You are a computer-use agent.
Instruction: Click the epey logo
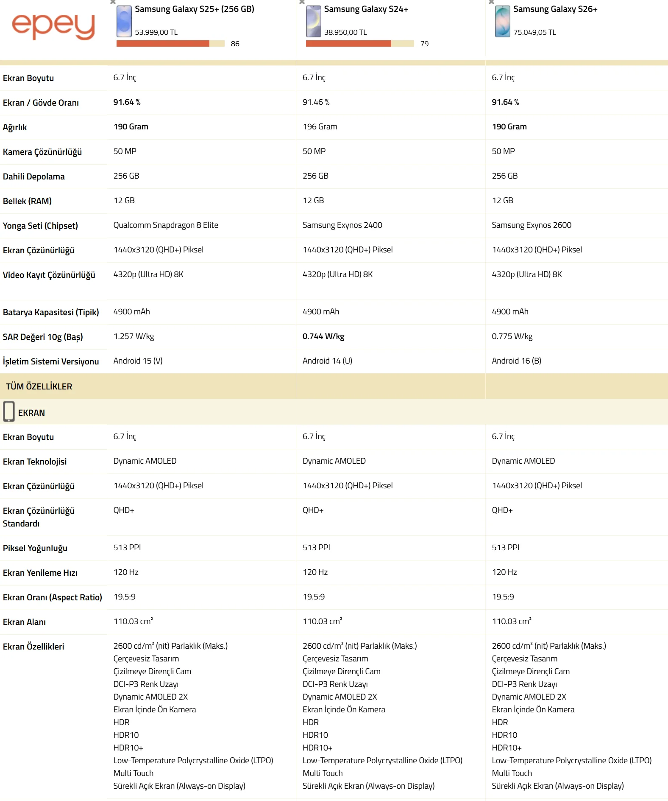pos(53,26)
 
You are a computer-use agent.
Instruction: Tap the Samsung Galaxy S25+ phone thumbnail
pos(124,22)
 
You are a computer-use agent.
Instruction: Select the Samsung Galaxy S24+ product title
pos(366,9)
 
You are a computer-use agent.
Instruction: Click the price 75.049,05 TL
pos(534,33)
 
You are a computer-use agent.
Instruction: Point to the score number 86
pos(235,44)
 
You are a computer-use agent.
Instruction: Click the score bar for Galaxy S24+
pos(359,44)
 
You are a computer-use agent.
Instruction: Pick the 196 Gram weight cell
pos(320,127)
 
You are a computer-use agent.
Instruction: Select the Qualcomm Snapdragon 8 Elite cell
pos(166,225)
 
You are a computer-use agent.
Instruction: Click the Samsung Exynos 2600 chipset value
pos(531,225)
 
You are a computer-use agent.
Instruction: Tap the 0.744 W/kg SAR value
pos(323,336)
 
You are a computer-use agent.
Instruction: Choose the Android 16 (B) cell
pos(516,361)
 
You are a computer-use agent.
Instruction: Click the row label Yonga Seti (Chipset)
pos(40,226)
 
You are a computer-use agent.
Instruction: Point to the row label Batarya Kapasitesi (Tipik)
pos(51,313)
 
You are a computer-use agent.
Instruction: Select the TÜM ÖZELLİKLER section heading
pos(39,386)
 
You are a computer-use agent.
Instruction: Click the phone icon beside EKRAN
pos(9,412)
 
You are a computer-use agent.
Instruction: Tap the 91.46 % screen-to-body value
pos(316,102)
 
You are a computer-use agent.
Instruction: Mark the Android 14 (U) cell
pos(327,361)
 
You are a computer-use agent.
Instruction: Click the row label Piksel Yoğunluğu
pos(35,548)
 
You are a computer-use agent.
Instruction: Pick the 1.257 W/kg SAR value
pos(134,336)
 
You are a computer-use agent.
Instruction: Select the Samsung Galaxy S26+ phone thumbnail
pos(502,22)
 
